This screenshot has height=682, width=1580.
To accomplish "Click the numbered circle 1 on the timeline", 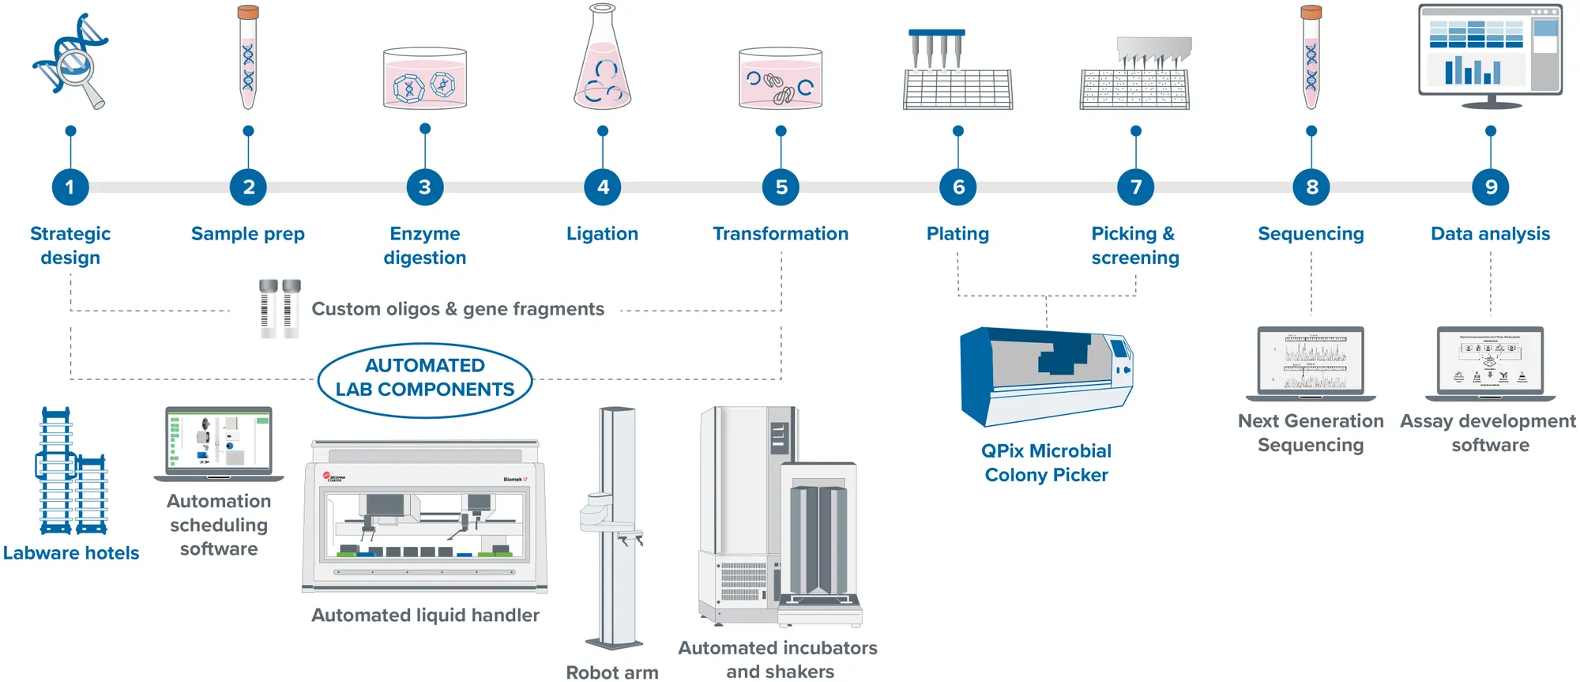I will coord(70,187).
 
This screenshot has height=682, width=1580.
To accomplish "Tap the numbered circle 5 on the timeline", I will coord(781,187).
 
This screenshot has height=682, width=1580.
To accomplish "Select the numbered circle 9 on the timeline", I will coord(1490,187).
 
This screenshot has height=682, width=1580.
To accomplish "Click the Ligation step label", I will coord(602,234).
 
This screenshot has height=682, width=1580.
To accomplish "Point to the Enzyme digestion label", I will coord(425,246).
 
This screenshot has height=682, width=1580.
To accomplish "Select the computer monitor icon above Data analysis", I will coord(1490,54).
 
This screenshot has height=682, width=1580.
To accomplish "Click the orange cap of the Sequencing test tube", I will coord(1311,13).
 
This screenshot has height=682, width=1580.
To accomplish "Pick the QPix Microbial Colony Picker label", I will coord(1046,463).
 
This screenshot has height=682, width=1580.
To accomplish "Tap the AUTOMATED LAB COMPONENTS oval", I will coord(425,379).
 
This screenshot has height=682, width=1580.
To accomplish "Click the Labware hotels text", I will coord(71,553).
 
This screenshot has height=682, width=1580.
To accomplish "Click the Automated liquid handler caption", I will coord(425,616).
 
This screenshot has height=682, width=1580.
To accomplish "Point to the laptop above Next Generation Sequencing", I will coord(1311,362).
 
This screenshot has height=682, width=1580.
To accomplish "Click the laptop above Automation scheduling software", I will coord(219,443).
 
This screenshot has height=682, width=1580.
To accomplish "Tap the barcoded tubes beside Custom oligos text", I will coord(280,308).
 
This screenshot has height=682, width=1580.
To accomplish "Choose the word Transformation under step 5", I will coord(781,234).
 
